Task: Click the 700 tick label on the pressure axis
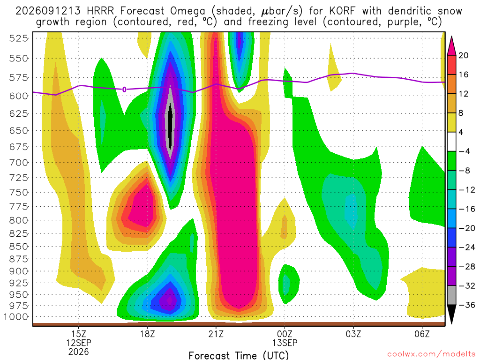(19, 163)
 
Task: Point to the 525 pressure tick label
(19, 38)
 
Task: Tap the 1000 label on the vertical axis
(16, 317)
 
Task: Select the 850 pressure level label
(19, 247)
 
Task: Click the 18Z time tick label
(148, 334)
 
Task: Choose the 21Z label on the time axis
(216, 334)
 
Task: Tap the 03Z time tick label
(353, 334)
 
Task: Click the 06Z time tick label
(422, 334)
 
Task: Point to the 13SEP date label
(285, 343)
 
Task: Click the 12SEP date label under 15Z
(79, 343)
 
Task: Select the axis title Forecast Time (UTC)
(239, 355)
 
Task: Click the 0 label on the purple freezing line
(124, 90)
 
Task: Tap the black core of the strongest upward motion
(170, 126)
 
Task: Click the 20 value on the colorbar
(464, 55)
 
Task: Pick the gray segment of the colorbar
(451, 295)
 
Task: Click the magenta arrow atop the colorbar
(451, 46)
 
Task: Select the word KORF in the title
(343, 11)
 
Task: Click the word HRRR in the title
(100, 11)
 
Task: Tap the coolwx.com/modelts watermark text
(431, 354)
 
